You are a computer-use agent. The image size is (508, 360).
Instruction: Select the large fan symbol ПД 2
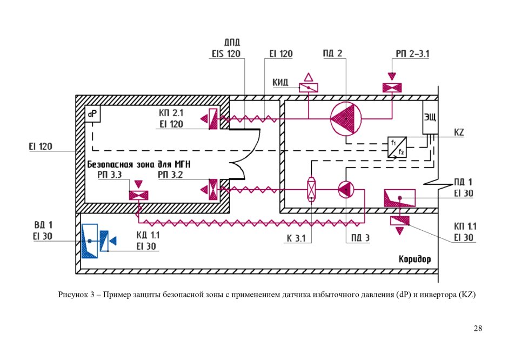tap(345, 118)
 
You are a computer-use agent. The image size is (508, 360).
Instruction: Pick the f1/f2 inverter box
tap(397, 147)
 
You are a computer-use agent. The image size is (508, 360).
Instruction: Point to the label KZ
tap(459, 132)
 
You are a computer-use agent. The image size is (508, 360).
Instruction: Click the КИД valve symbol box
tap(309, 87)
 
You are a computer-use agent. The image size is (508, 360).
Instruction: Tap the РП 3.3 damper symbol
tap(139, 195)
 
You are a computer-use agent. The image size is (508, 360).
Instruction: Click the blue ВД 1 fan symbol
tap(90, 240)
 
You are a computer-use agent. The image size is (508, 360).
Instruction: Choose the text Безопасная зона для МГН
tap(138, 164)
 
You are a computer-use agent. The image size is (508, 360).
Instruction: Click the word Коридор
tap(415, 259)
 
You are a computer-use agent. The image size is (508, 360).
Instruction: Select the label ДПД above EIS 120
tap(231, 43)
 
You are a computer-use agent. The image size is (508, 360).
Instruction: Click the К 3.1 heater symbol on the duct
tap(312, 190)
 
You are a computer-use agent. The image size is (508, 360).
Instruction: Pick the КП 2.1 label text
tap(172, 114)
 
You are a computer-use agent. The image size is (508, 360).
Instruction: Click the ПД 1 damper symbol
tap(399, 198)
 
